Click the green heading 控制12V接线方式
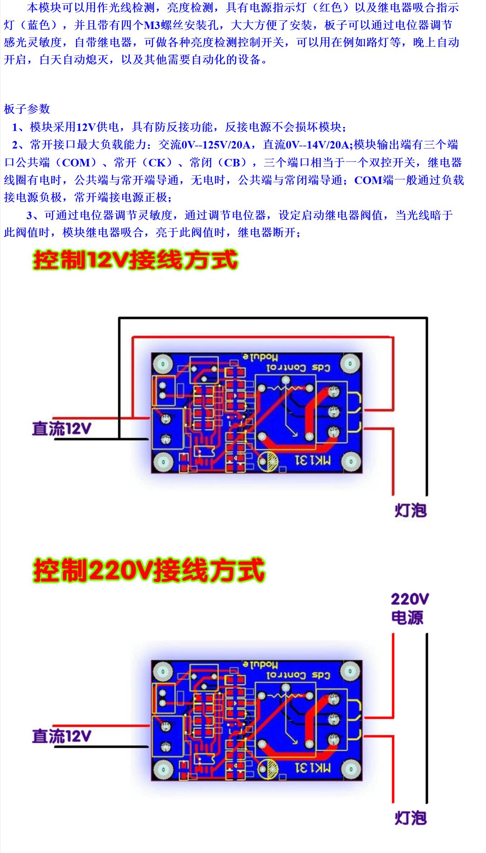[x=135, y=260]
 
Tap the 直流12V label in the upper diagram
[x=61, y=429]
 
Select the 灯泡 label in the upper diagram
[x=411, y=510]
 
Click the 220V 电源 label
[x=409, y=609]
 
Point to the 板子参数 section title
[x=27, y=109]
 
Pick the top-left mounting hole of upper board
[x=163, y=364]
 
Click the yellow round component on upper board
[x=268, y=460]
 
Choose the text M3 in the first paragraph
[x=152, y=25]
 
